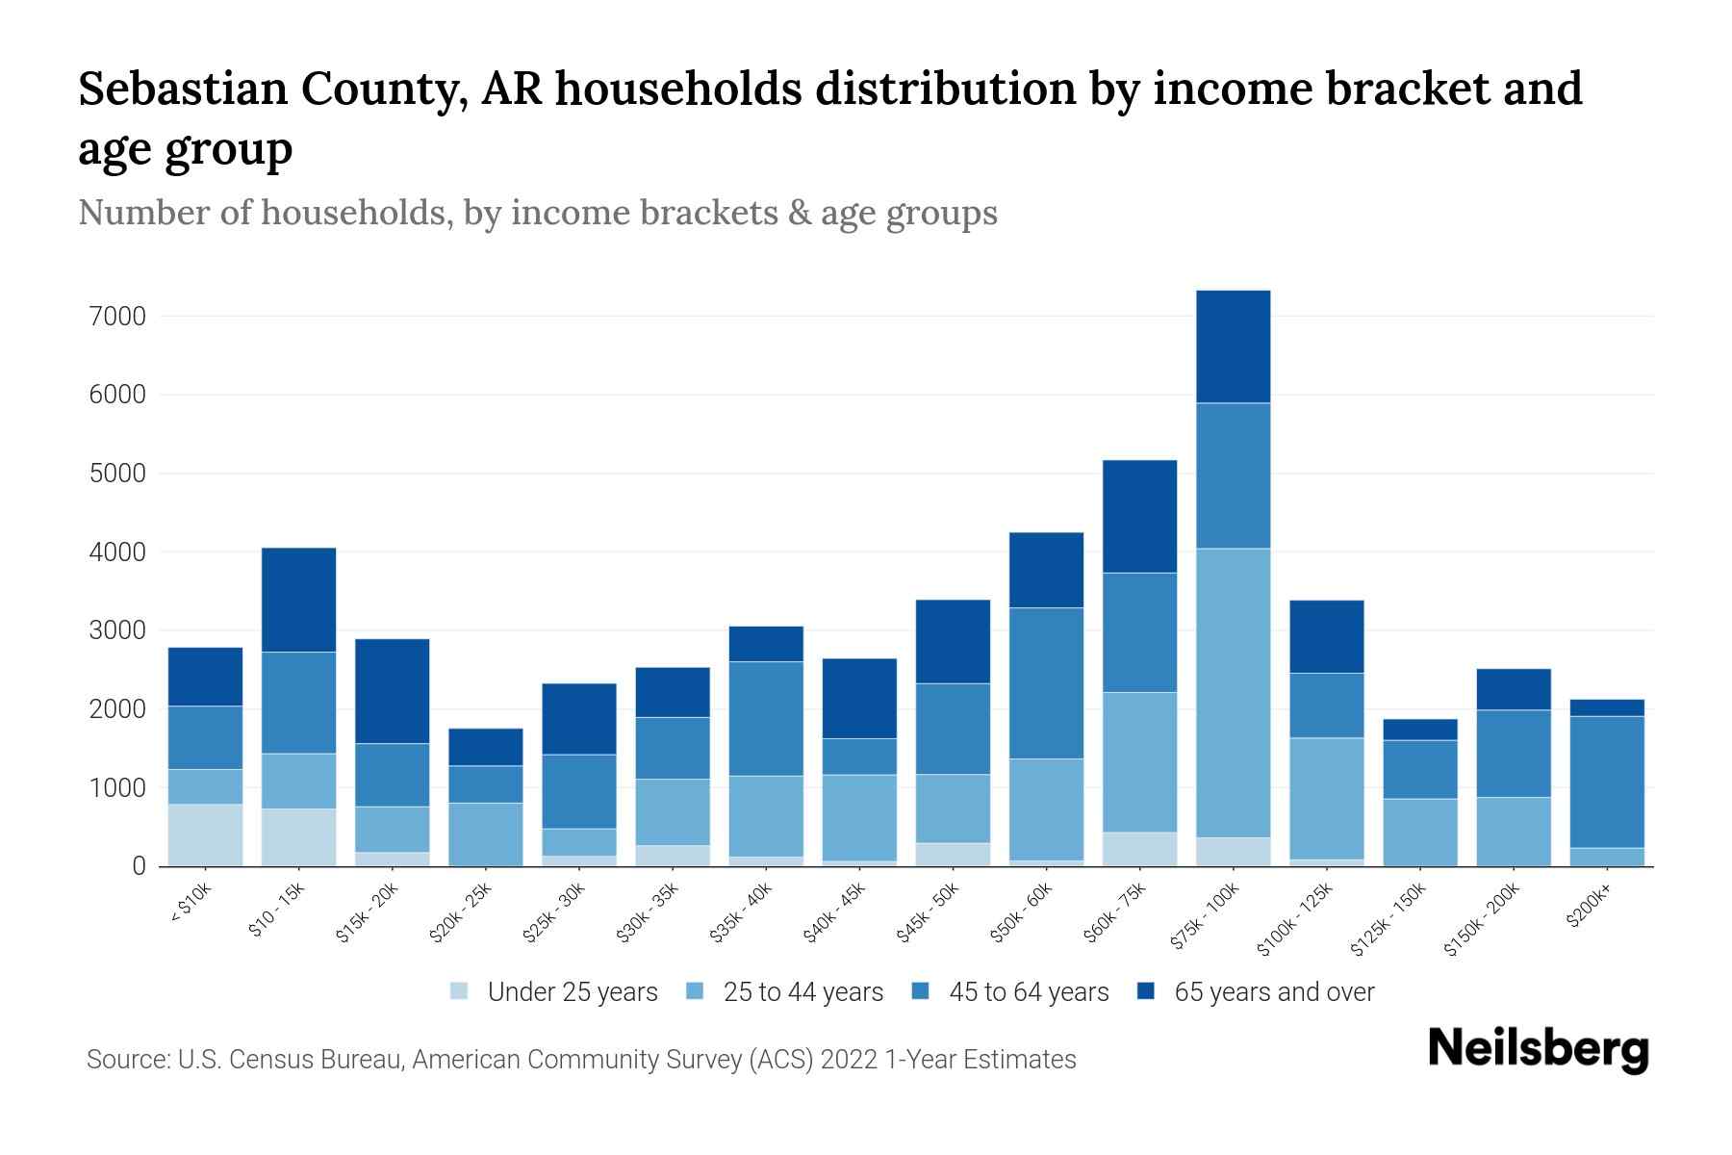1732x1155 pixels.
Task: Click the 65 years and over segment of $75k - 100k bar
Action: pos(1233,346)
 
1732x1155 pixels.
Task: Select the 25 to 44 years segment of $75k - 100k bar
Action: pos(1233,693)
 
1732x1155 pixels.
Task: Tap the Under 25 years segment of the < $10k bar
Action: pos(205,834)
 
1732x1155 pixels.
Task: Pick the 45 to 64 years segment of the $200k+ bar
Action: pos(1606,782)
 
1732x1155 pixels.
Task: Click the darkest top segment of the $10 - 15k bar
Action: pos(298,600)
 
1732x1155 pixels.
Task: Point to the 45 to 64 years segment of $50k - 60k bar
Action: pos(1046,683)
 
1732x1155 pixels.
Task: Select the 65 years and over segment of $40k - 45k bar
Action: pos(859,698)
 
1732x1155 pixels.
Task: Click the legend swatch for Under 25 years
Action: pos(460,990)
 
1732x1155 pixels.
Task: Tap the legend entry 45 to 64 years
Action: pos(1029,992)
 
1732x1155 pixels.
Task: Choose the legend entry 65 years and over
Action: pos(1273,992)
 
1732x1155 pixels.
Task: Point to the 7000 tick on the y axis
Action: pos(114,316)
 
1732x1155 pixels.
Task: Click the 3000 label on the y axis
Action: pos(114,630)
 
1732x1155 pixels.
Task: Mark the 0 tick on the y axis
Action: pos(139,866)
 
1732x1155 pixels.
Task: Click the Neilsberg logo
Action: pos(1538,1048)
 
